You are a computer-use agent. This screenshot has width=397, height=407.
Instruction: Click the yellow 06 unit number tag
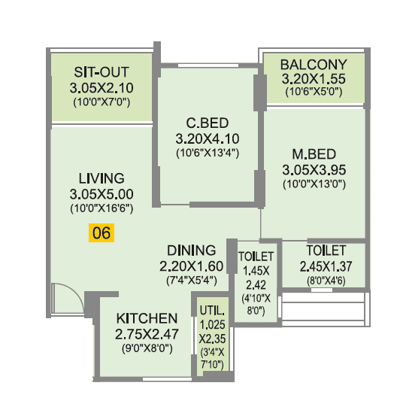[102, 233]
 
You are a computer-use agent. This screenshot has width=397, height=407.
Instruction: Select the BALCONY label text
[314, 64]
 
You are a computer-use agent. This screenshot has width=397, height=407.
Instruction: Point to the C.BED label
[207, 123]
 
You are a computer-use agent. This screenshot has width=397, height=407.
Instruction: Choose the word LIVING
[101, 178]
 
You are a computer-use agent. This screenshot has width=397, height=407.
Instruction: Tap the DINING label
[191, 250]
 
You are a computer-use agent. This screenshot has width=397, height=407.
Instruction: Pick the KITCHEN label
[147, 318]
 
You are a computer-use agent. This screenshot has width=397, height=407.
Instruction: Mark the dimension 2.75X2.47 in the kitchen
[147, 334]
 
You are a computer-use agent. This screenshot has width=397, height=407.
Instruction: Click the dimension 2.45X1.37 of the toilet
[326, 266]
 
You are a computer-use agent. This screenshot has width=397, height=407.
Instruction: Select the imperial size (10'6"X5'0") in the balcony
[314, 92]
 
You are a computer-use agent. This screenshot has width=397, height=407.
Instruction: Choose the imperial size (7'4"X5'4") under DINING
[191, 279]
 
